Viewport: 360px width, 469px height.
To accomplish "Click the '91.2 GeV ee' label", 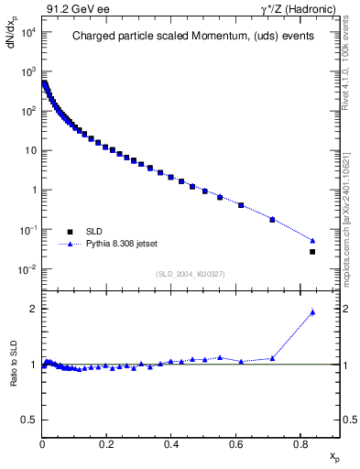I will coord(71,8).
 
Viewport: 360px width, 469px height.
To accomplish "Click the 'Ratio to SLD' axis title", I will coord(16,378).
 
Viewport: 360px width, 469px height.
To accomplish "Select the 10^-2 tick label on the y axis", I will coord(26,269).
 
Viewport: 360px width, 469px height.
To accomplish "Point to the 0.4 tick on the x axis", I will coord(171,444).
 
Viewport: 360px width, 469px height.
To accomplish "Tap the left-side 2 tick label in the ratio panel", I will coord(34,309).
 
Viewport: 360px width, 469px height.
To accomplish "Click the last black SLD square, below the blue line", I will coord(312,252).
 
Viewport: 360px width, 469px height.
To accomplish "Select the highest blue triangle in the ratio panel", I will coord(312,312).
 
